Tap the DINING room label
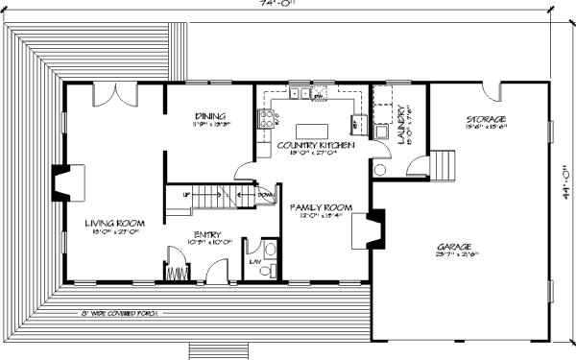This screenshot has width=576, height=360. pyautogui.click(x=209, y=114)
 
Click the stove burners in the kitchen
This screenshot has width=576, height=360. pyautogui.click(x=263, y=120)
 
